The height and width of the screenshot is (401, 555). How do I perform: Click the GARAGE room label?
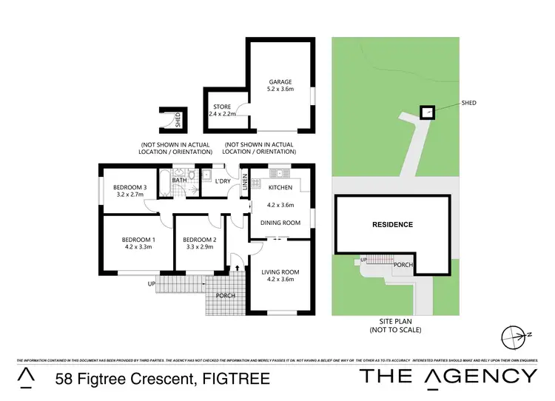(280, 82)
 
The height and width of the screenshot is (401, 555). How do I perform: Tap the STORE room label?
(222, 106)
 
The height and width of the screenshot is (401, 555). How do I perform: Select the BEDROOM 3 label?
(131, 187)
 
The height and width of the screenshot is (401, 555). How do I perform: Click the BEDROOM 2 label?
(200, 240)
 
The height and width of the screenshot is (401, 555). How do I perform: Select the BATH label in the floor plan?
(179, 180)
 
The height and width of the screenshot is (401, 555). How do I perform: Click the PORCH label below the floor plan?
(225, 297)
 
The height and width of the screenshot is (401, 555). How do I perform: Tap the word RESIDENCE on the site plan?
(391, 224)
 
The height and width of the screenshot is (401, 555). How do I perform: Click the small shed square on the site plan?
(425, 112)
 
